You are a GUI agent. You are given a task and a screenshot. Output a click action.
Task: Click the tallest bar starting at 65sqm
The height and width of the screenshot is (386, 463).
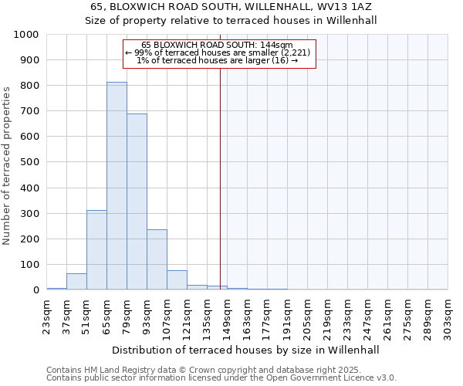pyautogui.click(x=117, y=185)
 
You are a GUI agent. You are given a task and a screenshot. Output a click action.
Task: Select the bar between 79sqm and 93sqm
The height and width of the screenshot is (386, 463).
pyautogui.click(x=137, y=201)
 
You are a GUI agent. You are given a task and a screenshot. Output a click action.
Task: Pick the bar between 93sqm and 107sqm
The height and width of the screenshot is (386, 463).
pyautogui.click(x=157, y=259)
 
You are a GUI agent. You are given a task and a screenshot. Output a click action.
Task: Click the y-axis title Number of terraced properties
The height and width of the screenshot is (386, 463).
pyautogui.click(x=7, y=165)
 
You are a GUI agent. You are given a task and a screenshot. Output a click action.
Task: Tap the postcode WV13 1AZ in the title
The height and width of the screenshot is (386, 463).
pyautogui.click(x=336, y=7)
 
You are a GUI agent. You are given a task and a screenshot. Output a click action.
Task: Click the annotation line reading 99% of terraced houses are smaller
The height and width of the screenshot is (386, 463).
pyautogui.click(x=219, y=52)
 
